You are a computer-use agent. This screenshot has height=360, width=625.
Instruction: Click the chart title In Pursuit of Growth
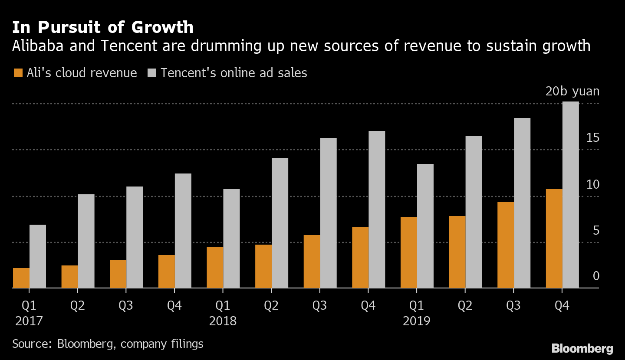[x=103, y=27]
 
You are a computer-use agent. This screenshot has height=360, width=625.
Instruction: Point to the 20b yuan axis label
[x=572, y=92]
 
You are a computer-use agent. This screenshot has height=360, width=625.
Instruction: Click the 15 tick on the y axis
[x=592, y=138]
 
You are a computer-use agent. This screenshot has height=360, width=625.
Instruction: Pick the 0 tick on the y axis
[x=596, y=276]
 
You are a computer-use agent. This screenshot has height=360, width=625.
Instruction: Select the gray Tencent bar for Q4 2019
[x=570, y=195]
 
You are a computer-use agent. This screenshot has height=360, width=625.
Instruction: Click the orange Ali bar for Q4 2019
[x=554, y=239]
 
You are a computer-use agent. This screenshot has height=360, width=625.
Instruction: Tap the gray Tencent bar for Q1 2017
[x=38, y=256]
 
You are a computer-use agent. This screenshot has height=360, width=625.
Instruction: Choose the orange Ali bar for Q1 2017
[x=21, y=278]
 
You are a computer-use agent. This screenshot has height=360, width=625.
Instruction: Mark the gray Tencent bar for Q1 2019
[x=425, y=226]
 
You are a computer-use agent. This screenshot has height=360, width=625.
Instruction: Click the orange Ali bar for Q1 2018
[x=215, y=268]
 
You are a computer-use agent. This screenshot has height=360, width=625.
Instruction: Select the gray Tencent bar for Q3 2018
[x=329, y=213]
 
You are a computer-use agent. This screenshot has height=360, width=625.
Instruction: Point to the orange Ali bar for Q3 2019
[x=506, y=245]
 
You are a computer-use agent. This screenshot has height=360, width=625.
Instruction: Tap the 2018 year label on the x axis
[x=223, y=321]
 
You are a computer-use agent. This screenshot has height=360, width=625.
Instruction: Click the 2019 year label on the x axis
[x=417, y=321]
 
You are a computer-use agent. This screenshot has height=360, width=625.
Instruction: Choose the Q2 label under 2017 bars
[x=78, y=306]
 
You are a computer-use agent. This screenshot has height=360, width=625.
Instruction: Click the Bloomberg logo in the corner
[x=582, y=348]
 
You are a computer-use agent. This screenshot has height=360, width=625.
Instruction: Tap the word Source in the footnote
[x=31, y=344]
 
